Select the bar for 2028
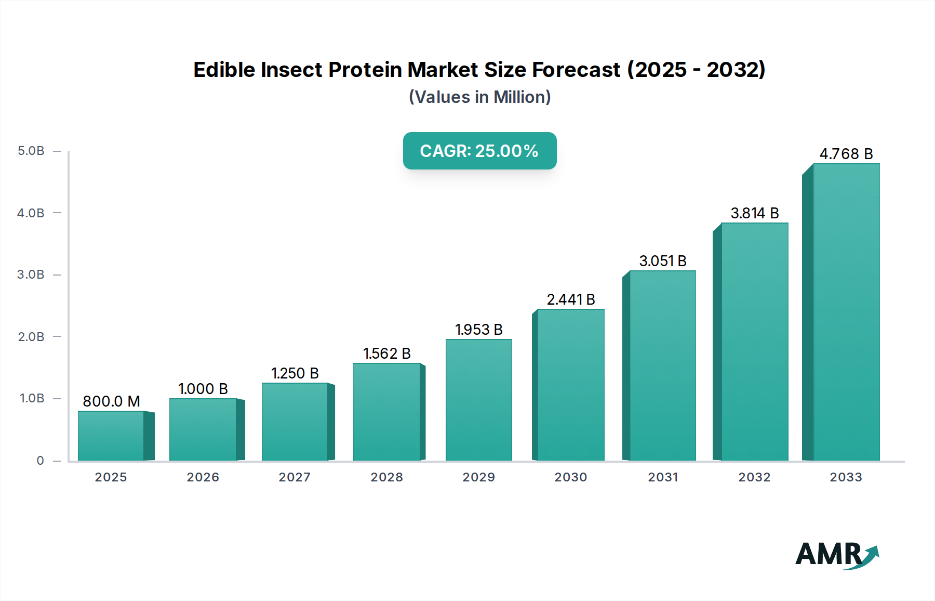point(387,412)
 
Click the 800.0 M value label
point(111,401)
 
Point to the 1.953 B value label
point(479,330)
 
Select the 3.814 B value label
point(755,213)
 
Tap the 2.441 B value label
point(571,299)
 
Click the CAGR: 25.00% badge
point(479,151)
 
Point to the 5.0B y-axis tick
point(31,151)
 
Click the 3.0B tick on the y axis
point(31,275)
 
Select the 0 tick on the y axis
point(40,461)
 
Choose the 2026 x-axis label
point(203,477)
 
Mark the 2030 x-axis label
point(571,477)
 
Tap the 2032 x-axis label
point(755,477)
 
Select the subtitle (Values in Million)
point(479,97)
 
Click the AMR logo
point(836,555)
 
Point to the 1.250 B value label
point(295,373)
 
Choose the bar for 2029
point(479,400)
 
